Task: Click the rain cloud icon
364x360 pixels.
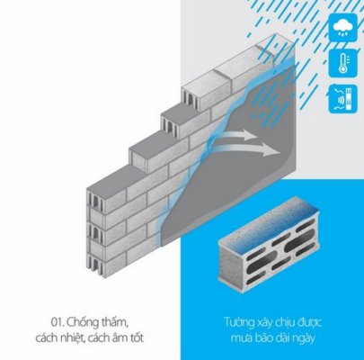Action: (342, 27)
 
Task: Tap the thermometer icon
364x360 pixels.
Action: (342, 63)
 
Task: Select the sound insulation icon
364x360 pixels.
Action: (342, 99)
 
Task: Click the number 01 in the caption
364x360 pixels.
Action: (57, 323)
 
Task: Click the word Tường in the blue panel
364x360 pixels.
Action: (239, 323)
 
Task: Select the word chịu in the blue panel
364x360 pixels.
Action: (287, 323)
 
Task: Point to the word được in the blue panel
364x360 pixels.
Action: (310, 323)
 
